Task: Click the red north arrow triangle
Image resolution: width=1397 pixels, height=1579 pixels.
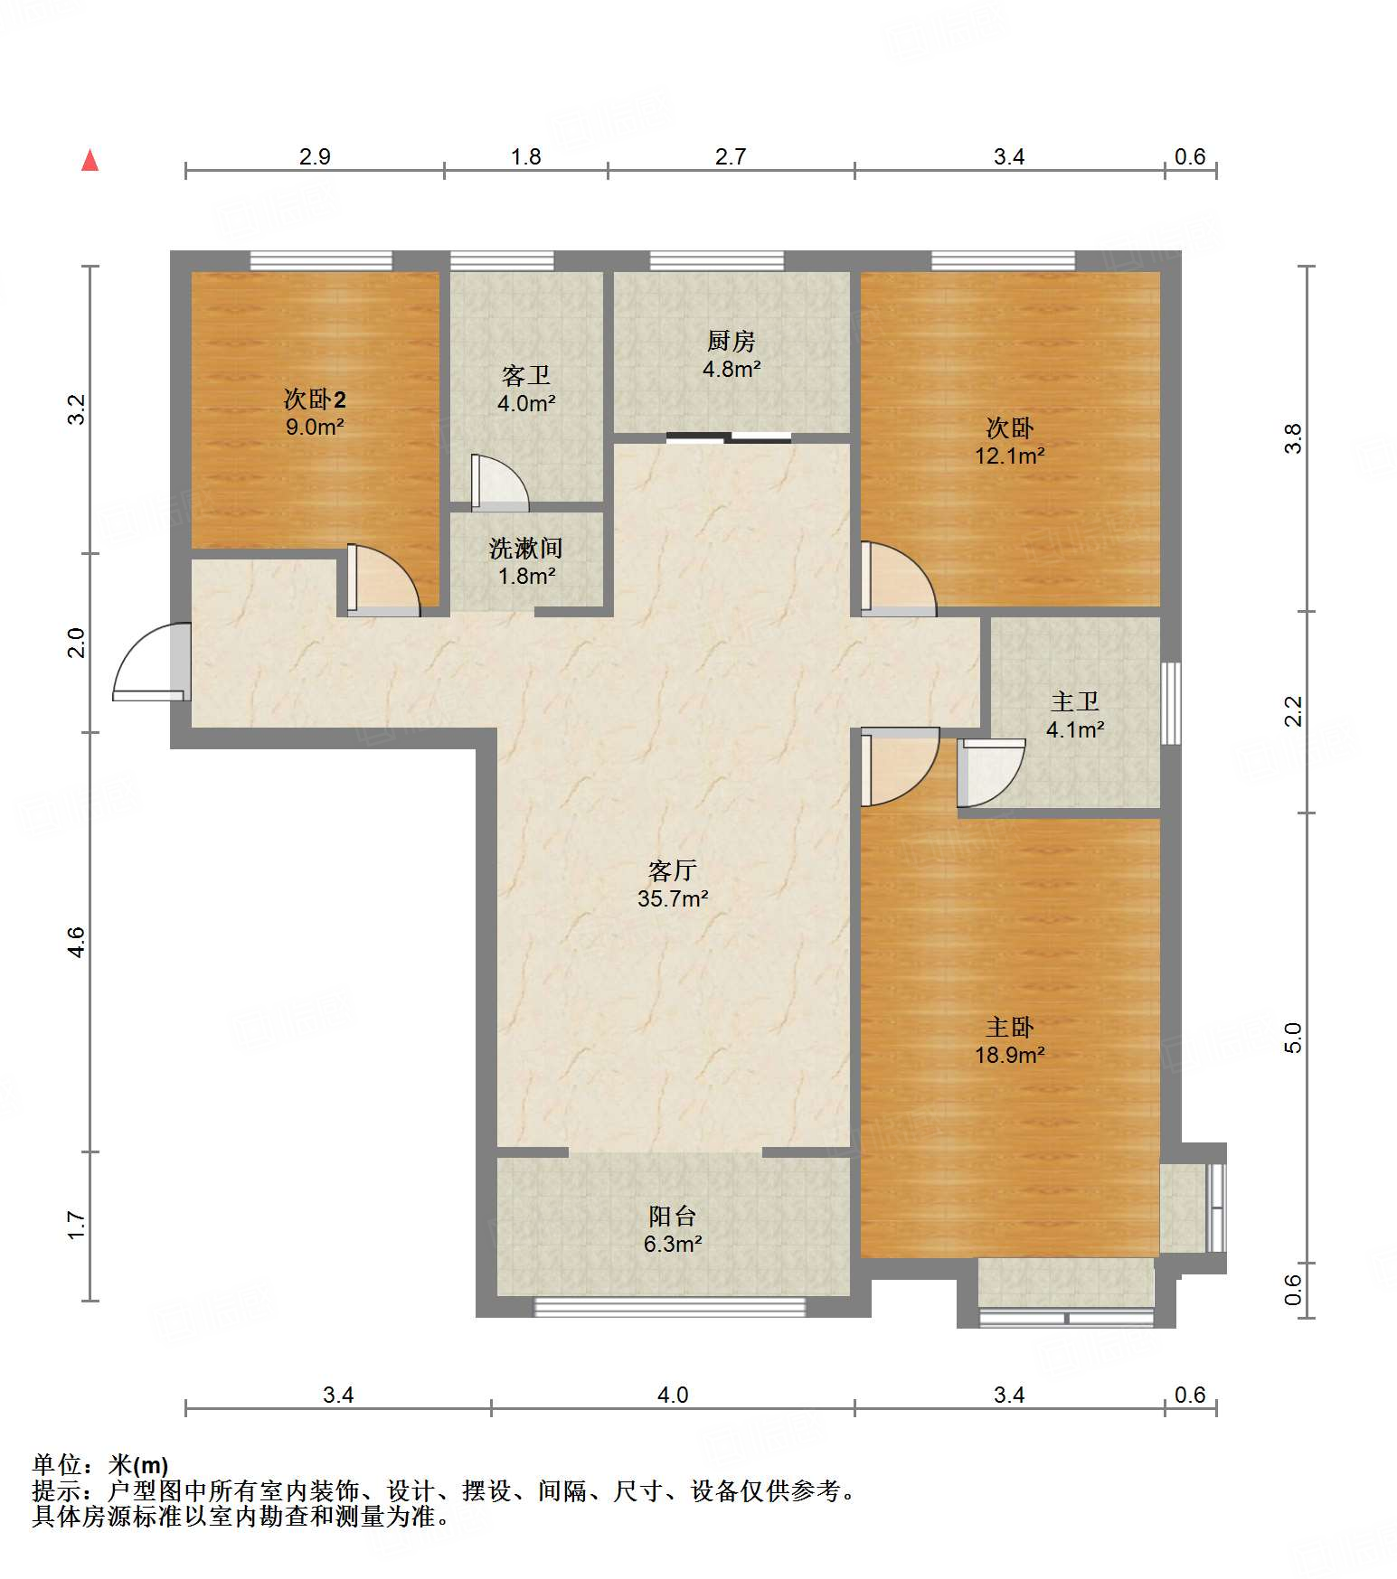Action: tap(90, 160)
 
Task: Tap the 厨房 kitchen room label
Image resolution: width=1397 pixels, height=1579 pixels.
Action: tap(731, 341)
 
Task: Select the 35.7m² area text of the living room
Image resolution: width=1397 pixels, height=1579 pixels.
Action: tap(673, 898)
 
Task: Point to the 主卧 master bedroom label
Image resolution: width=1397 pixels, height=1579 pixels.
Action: tap(1009, 1027)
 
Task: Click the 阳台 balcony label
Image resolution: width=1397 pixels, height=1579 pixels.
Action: tap(673, 1216)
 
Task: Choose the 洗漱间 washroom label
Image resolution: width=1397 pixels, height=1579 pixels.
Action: tap(526, 548)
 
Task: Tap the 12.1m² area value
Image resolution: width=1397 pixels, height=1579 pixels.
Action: tap(1009, 456)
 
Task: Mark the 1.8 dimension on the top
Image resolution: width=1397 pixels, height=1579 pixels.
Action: tap(525, 156)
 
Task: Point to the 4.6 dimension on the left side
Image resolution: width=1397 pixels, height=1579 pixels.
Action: tap(76, 943)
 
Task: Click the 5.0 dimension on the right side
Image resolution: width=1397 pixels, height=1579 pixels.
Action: tap(1293, 1038)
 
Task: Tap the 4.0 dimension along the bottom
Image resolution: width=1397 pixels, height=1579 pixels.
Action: tap(673, 1395)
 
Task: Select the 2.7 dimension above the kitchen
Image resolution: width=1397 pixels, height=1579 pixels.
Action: tap(731, 156)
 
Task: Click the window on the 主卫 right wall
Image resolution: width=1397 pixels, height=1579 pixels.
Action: tap(1171, 704)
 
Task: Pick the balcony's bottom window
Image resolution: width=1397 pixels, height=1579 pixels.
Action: tap(670, 1306)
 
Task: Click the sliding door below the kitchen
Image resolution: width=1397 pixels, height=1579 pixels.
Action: tap(729, 438)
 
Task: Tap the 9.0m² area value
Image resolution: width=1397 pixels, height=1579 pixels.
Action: tap(315, 427)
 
